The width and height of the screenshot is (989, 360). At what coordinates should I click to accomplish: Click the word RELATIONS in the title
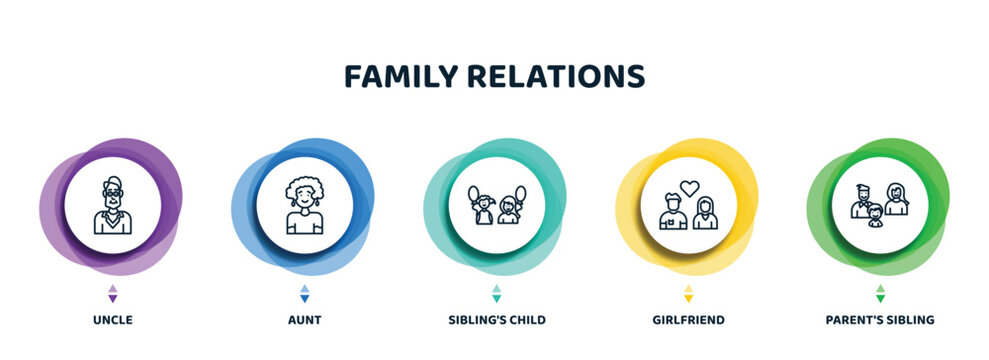pos(561,77)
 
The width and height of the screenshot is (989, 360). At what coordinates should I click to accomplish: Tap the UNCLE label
pos(112,320)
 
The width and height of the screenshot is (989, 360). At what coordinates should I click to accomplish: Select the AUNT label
pos(305,320)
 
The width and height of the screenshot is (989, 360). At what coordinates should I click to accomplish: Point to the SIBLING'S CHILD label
pos(496,320)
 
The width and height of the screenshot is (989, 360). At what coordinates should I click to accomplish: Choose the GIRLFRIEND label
pos(688,320)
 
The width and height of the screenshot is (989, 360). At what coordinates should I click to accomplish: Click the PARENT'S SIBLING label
pos(880,320)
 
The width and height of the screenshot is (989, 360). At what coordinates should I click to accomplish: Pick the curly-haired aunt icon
pos(304,206)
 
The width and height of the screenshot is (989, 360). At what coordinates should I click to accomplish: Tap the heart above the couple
pos(688,187)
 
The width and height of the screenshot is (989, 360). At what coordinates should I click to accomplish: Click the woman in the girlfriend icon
pos(706,211)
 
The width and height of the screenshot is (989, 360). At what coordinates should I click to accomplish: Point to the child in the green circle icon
pos(876,215)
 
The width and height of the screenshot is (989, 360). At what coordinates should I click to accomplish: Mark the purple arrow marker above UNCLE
pos(112,293)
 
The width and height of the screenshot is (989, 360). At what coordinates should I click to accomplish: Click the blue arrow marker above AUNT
pos(305,293)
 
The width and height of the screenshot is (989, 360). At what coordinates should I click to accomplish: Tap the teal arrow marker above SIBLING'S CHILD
pos(496,293)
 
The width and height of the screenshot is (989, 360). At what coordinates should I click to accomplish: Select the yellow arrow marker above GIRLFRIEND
pos(688,293)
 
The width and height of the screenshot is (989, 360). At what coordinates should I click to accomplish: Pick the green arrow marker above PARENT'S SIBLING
pos(880,293)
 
